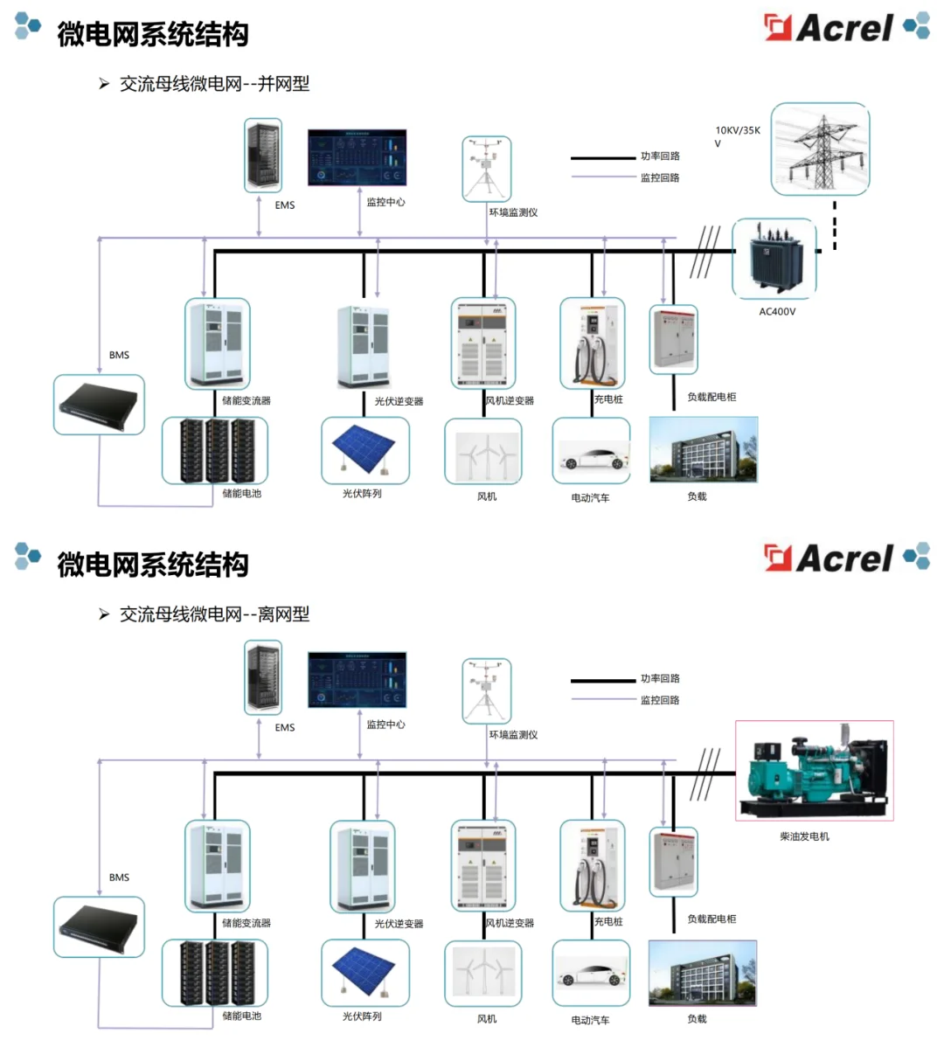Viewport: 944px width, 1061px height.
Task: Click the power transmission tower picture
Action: [x=820, y=149]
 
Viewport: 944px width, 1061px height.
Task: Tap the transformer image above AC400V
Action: [x=774, y=259]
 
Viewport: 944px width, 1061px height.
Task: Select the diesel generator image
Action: [x=814, y=769]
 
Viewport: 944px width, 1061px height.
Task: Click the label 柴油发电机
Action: [x=804, y=836]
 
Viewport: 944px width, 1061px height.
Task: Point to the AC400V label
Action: [x=777, y=311]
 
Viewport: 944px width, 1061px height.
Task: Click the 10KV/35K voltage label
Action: [x=737, y=131]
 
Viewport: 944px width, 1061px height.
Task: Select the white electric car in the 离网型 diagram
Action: [x=591, y=973]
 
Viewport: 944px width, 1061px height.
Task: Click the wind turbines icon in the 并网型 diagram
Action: [x=482, y=451]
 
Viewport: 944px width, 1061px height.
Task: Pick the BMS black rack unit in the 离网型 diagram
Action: [x=99, y=926]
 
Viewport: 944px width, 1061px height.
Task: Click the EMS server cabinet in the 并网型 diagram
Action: [x=263, y=156]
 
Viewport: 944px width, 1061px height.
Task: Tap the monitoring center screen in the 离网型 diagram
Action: [x=357, y=679]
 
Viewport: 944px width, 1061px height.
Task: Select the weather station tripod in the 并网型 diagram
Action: [x=486, y=168]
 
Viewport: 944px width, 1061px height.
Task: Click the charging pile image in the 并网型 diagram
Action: [x=592, y=343]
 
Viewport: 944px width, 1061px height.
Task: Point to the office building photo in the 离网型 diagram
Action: [x=703, y=973]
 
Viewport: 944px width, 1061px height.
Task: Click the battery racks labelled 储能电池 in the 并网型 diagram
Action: [x=215, y=450]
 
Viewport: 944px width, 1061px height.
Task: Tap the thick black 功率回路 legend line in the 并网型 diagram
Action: [x=603, y=157]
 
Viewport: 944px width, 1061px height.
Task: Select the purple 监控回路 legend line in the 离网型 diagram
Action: [x=603, y=699]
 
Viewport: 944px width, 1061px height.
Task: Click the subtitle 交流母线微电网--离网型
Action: [x=214, y=614]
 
